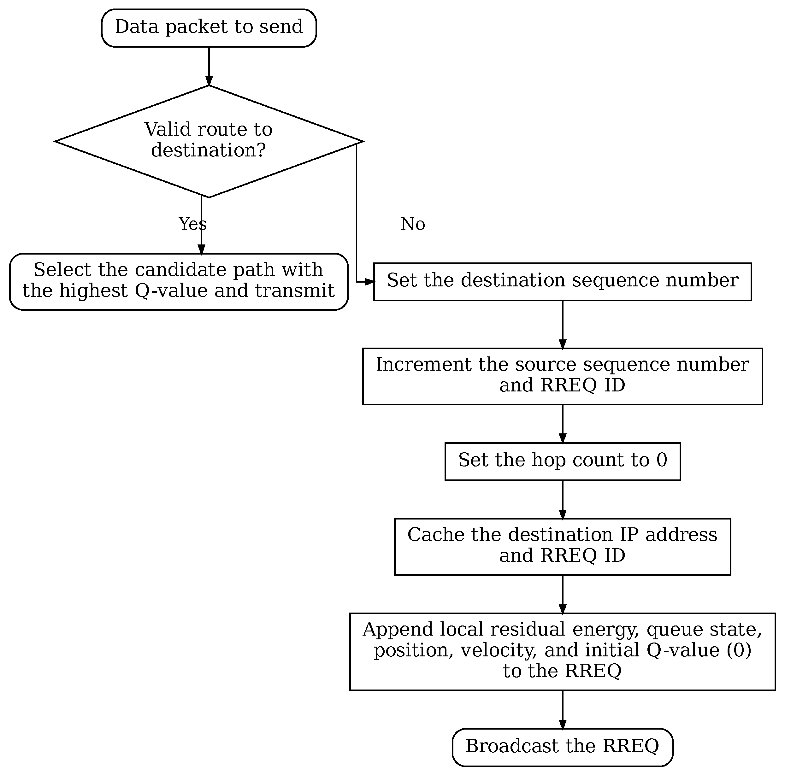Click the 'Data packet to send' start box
pos(209,28)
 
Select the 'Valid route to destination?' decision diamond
pos(209,141)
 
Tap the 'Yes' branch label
pos(192,224)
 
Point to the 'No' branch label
pos(413,224)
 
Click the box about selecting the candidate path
pos(179,282)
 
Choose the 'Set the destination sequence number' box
pos(562,282)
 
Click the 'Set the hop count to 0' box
pos(562,462)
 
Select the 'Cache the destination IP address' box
pos(562,547)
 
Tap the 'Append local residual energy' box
pos(562,652)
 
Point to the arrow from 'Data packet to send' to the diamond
pos(209,66)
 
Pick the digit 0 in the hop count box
pos(662,460)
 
